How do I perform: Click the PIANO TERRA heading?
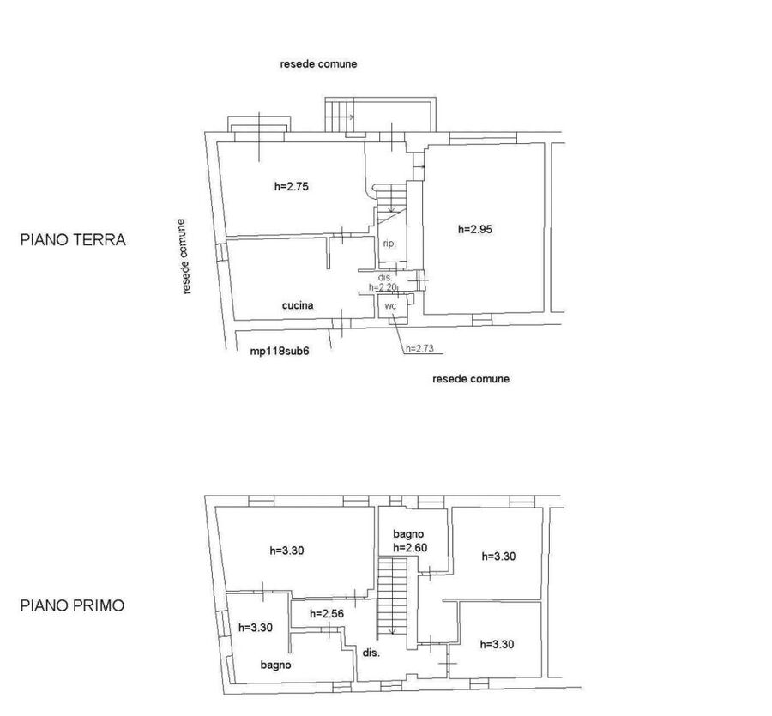click(73, 240)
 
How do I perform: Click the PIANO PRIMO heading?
click(72, 605)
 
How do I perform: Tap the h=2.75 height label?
click(292, 187)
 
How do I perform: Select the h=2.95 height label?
click(475, 229)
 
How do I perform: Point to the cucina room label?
click(298, 305)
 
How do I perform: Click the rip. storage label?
click(389, 244)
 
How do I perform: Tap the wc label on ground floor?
click(390, 306)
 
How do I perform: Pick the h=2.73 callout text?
click(419, 348)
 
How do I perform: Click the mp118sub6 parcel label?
click(280, 351)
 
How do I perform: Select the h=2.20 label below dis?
click(383, 286)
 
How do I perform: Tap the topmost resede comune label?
click(318, 64)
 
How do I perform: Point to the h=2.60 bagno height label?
click(410, 547)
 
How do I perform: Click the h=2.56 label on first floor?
click(327, 614)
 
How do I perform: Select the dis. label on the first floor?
click(371, 653)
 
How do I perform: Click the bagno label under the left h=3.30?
click(275, 665)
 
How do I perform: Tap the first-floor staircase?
click(392, 596)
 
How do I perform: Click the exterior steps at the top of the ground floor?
click(340, 115)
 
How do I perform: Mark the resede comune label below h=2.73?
click(471, 379)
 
